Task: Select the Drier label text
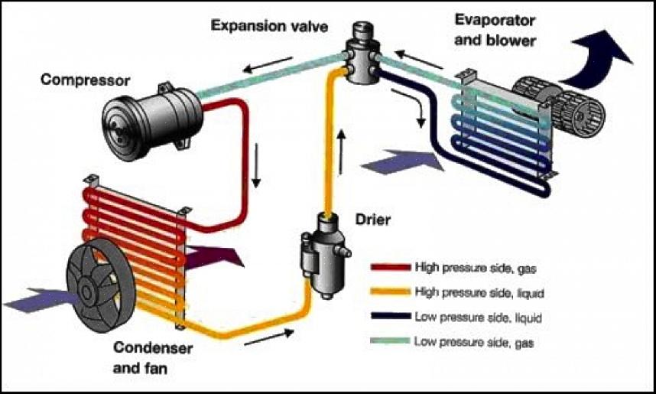(x=373, y=221)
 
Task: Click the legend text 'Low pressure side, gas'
(x=474, y=342)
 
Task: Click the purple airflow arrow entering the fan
(x=34, y=301)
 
